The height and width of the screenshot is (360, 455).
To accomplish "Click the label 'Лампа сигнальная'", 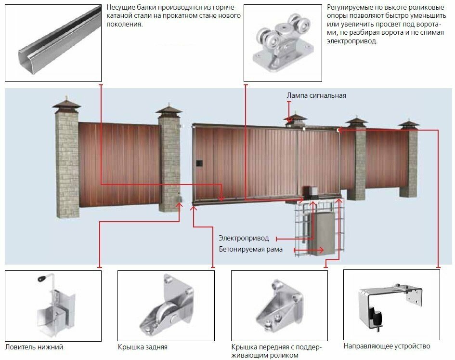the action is (x=316, y=95).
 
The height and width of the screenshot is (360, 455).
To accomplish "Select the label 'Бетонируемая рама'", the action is (x=250, y=249).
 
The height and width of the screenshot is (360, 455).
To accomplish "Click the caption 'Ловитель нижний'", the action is (x=34, y=347).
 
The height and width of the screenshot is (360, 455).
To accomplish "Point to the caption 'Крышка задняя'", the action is (x=143, y=347).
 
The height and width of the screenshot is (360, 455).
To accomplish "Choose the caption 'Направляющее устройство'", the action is (x=387, y=346).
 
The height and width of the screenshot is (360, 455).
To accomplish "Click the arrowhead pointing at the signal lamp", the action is (x=288, y=120).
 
